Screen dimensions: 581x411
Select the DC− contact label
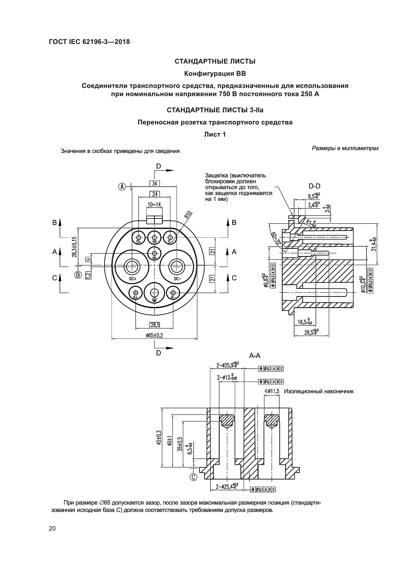pos(177,279)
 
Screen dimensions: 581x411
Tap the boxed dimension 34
pos(155,184)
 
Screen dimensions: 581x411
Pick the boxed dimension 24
pos(155,194)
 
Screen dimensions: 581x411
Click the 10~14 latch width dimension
pos(154,204)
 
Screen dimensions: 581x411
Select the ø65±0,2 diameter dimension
pos(154,336)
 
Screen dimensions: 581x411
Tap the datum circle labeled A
pos(122,187)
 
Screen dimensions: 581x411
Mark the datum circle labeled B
pos(78,274)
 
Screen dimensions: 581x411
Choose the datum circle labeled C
pos(193,477)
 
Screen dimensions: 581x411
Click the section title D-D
pos(314,186)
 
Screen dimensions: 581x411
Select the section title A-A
pos(255,356)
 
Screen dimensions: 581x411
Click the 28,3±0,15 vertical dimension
pos(74,247)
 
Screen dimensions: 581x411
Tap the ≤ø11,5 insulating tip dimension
pos(272,391)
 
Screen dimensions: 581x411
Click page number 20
pos(52,529)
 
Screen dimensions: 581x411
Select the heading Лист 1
pos(215,134)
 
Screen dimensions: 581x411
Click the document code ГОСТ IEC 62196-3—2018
pos(89,42)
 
